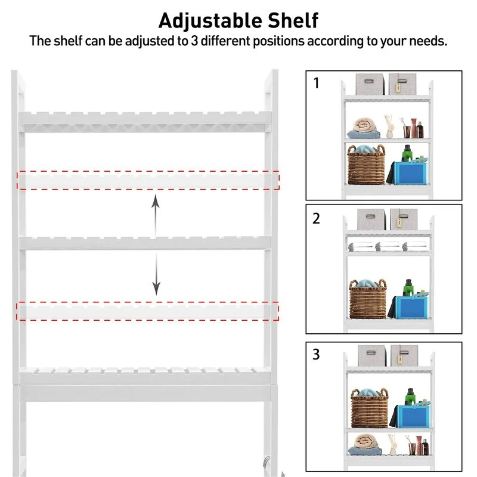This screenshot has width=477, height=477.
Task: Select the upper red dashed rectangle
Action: click(148, 179)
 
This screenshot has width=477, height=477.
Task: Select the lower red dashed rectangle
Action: click(148, 311)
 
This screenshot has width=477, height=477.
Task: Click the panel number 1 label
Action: click(316, 83)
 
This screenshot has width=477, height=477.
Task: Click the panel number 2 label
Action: click(316, 218)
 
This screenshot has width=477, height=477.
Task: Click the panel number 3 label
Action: click(316, 354)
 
